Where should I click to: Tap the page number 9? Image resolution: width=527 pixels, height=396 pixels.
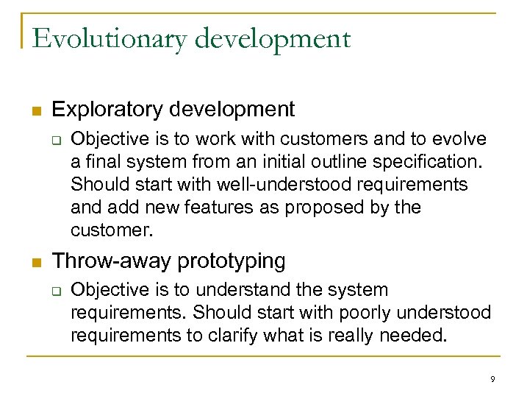click(492, 379)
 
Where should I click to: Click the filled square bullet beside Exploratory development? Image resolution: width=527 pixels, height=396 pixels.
click(35, 111)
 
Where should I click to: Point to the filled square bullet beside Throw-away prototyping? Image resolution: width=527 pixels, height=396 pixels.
click(35, 262)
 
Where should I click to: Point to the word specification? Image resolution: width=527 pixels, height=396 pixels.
click(415, 161)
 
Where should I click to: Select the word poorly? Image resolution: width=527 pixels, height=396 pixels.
click(365, 312)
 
